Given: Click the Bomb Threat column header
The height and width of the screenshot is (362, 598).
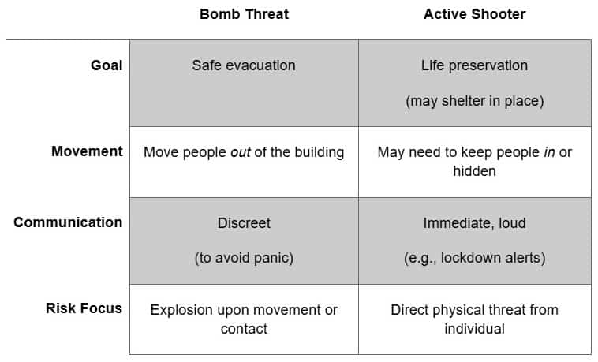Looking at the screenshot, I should [x=244, y=14].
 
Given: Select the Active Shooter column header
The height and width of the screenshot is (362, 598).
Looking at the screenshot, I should [x=474, y=14].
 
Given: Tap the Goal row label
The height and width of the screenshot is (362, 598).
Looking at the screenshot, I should [x=107, y=65].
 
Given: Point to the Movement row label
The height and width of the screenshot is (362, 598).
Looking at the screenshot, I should [x=87, y=151].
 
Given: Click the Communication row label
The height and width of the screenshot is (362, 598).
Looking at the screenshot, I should [x=68, y=222].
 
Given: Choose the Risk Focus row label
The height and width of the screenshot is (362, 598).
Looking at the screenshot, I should [x=84, y=308].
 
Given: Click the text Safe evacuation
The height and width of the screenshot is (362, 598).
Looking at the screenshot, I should [x=244, y=65].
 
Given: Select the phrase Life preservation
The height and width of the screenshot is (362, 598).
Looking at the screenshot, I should [x=474, y=65].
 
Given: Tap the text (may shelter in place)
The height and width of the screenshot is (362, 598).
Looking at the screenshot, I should [x=474, y=101].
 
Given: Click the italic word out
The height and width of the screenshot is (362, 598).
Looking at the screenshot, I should [x=240, y=151].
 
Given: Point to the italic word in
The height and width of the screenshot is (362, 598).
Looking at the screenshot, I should [x=549, y=151].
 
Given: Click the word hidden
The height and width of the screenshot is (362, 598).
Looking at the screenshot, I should [x=474, y=170].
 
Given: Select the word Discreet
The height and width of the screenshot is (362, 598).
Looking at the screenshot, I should [x=244, y=223].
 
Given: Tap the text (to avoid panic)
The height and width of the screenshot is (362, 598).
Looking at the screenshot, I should [x=244, y=258].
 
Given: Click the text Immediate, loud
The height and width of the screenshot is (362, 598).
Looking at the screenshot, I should [x=474, y=223].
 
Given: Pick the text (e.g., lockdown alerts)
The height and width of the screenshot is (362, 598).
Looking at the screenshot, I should [x=474, y=258].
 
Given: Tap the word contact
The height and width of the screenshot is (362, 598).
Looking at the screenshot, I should [x=244, y=328].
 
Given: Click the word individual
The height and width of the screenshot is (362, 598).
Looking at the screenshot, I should [x=474, y=328].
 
